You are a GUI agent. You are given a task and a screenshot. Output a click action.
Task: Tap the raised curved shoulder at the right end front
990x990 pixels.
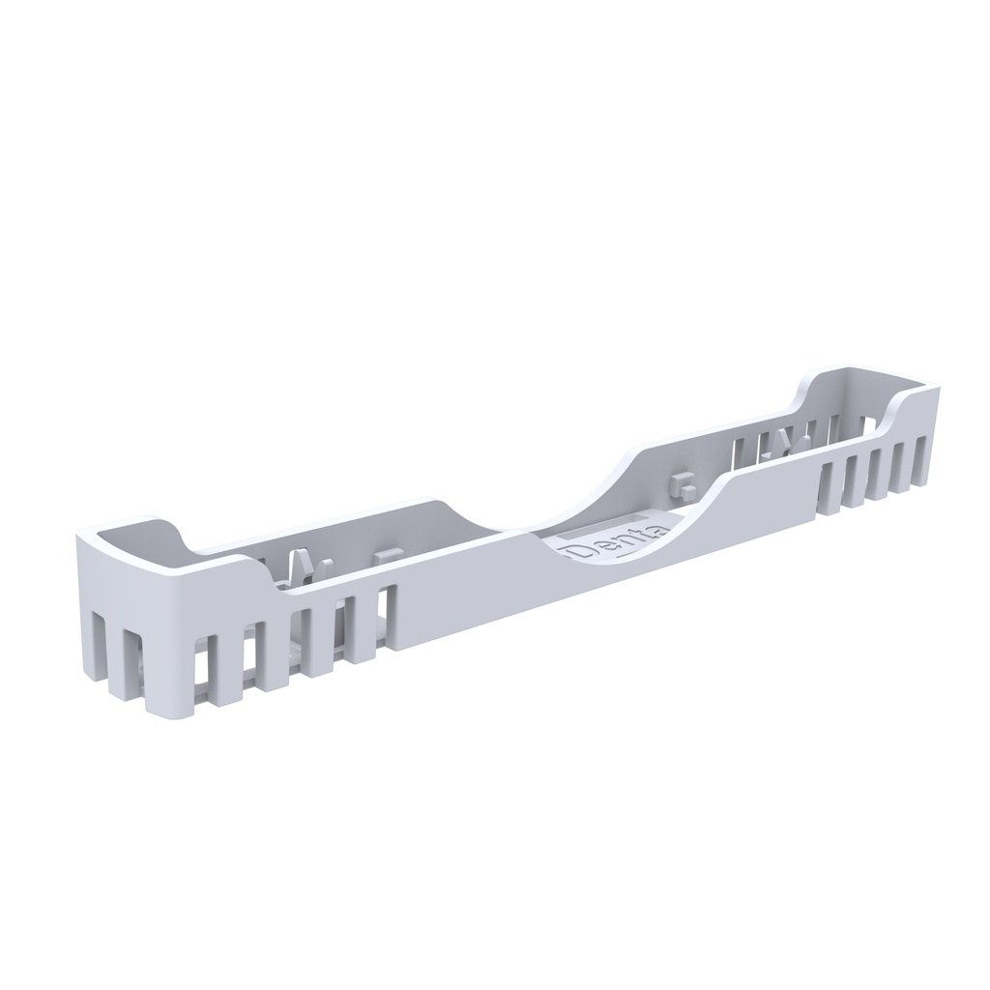click(904, 406)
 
